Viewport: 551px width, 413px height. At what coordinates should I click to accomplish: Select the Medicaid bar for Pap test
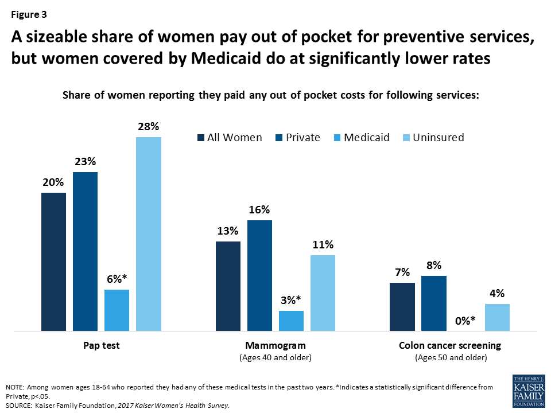tap(117, 310)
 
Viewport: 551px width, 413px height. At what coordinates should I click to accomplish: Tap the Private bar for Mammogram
tap(259, 276)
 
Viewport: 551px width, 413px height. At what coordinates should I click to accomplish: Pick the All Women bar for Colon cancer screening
tap(402, 307)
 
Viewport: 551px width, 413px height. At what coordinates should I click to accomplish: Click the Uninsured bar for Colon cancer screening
tap(497, 317)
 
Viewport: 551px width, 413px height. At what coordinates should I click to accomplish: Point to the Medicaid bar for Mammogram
tap(291, 321)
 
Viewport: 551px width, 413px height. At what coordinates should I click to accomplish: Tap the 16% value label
tap(259, 210)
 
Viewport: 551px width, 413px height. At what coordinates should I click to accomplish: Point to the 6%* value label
tap(117, 279)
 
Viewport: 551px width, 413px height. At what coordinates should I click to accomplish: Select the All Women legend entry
tap(230, 138)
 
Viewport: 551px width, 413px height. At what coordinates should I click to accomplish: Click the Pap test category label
tap(101, 346)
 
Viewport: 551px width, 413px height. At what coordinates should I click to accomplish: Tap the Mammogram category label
tap(275, 346)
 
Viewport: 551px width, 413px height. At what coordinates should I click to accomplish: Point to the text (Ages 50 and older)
tap(450, 358)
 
